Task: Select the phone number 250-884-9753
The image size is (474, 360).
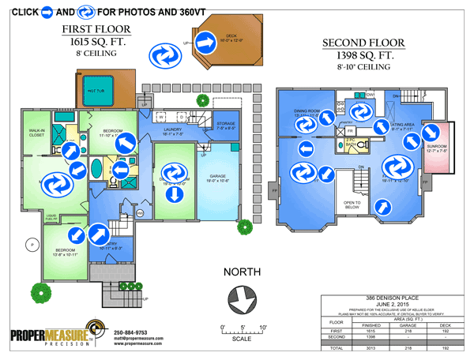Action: pyautogui.click(x=136, y=332)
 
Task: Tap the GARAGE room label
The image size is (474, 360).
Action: pyautogui.click(x=218, y=177)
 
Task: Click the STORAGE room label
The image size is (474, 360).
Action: pyautogui.click(x=226, y=124)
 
